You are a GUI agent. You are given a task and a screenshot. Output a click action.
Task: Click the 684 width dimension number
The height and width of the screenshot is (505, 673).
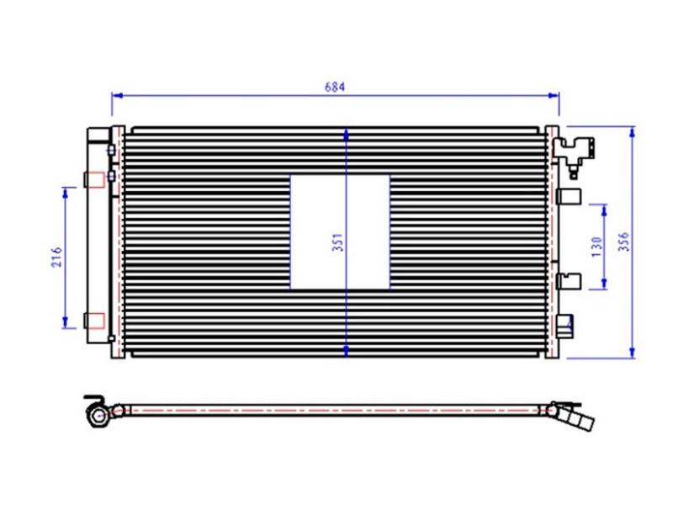[x=334, y=87]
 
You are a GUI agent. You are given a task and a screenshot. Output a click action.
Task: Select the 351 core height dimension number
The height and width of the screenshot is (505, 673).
[x=339, y=242]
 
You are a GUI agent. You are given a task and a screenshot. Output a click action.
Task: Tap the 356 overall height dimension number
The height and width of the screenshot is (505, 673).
[x=624, y=242]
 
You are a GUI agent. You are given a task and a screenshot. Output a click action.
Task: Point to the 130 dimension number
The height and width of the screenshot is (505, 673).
[x=597, y=247]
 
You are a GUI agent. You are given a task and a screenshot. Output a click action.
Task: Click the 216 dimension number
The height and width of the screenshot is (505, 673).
[x=57, y=257]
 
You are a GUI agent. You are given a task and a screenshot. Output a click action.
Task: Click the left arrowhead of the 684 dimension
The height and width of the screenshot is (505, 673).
[x=117, y=95]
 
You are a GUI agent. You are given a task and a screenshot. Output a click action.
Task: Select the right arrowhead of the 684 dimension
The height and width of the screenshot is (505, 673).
[x=554, y=95]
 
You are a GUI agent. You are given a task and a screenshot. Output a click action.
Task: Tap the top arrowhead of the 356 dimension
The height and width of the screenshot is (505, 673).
[x=632, y=132]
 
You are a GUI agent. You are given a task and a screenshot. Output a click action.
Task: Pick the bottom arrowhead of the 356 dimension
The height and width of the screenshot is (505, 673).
[x=632, y=353]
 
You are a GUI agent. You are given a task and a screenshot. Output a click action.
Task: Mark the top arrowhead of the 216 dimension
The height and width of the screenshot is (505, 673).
[x=66, y=193]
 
